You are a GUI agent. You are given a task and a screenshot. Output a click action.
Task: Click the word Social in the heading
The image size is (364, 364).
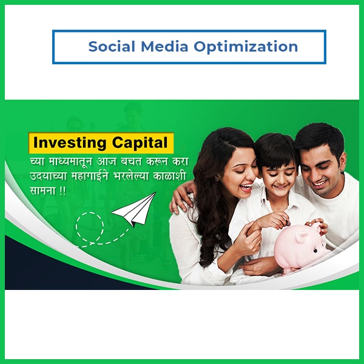point(112,46)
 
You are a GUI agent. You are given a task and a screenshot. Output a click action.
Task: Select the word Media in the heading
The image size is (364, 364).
point(164,46)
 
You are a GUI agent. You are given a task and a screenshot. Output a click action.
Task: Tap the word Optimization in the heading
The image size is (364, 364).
point(246,47)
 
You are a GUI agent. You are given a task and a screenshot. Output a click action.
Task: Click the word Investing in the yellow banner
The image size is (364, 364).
point(70,143)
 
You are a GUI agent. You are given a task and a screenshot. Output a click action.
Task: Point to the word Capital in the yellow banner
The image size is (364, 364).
point(140,143)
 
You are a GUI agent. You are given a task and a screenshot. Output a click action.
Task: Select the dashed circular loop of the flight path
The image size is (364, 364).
point(90,227)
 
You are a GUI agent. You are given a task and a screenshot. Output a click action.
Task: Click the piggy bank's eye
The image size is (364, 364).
point(315,251)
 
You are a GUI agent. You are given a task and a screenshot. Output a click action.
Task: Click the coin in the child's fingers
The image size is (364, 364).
point(288,223)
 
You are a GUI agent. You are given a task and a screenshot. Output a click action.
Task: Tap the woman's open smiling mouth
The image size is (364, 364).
point(245,187)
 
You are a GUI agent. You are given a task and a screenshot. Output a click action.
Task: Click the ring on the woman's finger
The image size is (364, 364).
point(260,243)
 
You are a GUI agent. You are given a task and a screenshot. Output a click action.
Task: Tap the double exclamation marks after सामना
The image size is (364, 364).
point(62,191)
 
